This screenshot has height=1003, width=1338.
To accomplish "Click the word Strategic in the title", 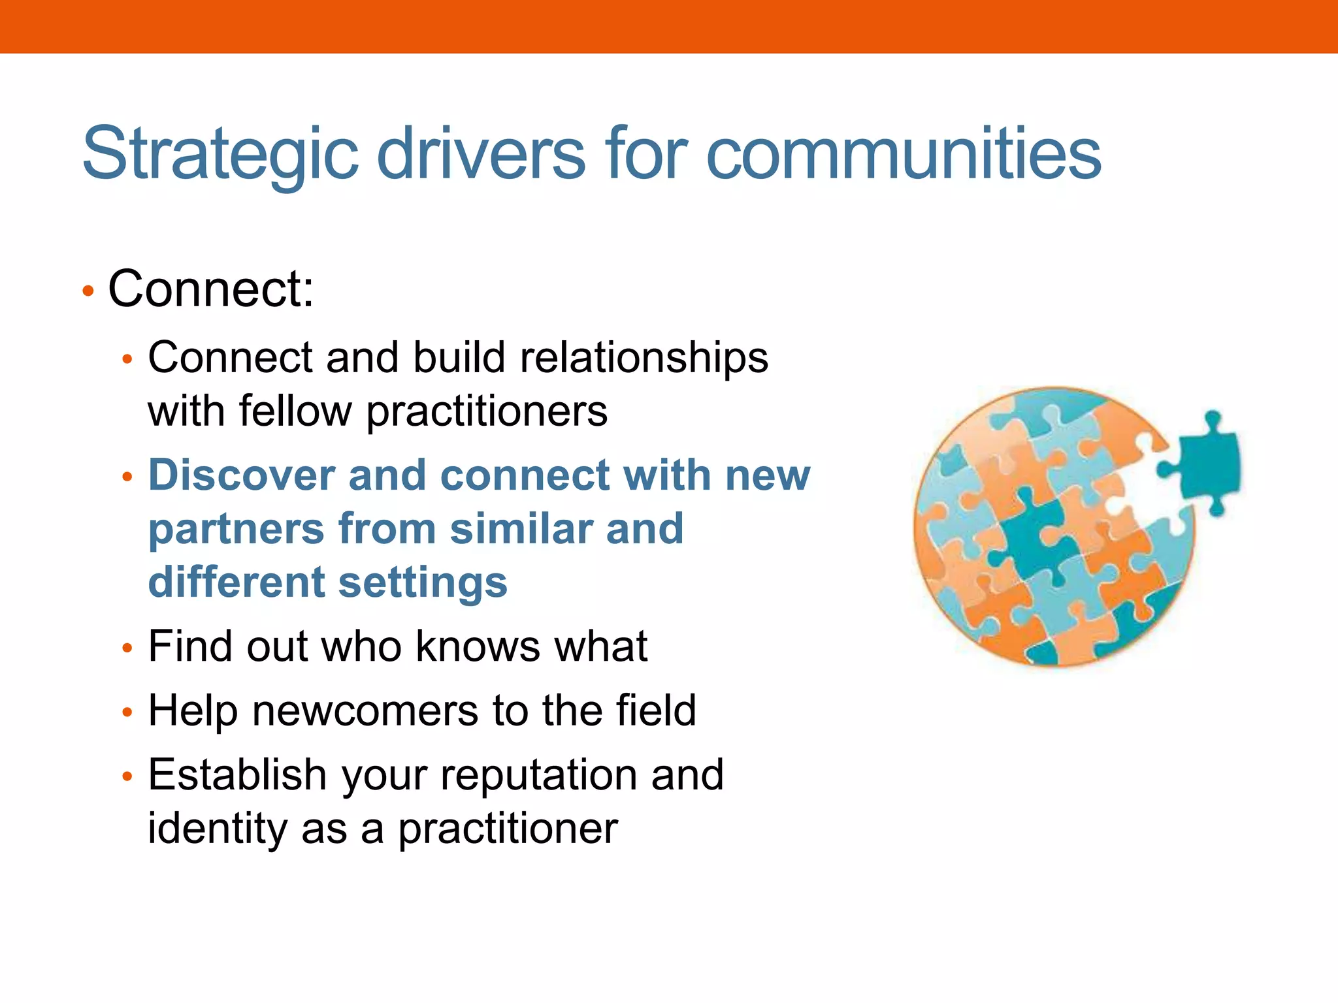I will click(x=220, y=155).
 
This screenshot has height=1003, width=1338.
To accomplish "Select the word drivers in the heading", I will click(x=481, y=155).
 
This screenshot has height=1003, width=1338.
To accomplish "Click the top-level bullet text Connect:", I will click(x=210, y=289).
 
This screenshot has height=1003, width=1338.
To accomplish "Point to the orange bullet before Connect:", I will click(x=88, y=291).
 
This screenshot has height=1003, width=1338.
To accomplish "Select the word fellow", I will click(x=295, y=411).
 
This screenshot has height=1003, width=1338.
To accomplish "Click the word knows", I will click(x=478, y=646).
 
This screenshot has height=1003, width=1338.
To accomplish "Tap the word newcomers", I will click(x=365, y=710).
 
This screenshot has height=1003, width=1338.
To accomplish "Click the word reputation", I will click(x=538, y=774).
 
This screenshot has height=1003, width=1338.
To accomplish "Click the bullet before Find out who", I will click(x=127, y=648).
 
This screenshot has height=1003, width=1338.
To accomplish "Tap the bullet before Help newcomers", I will click(x=127, y=712).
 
